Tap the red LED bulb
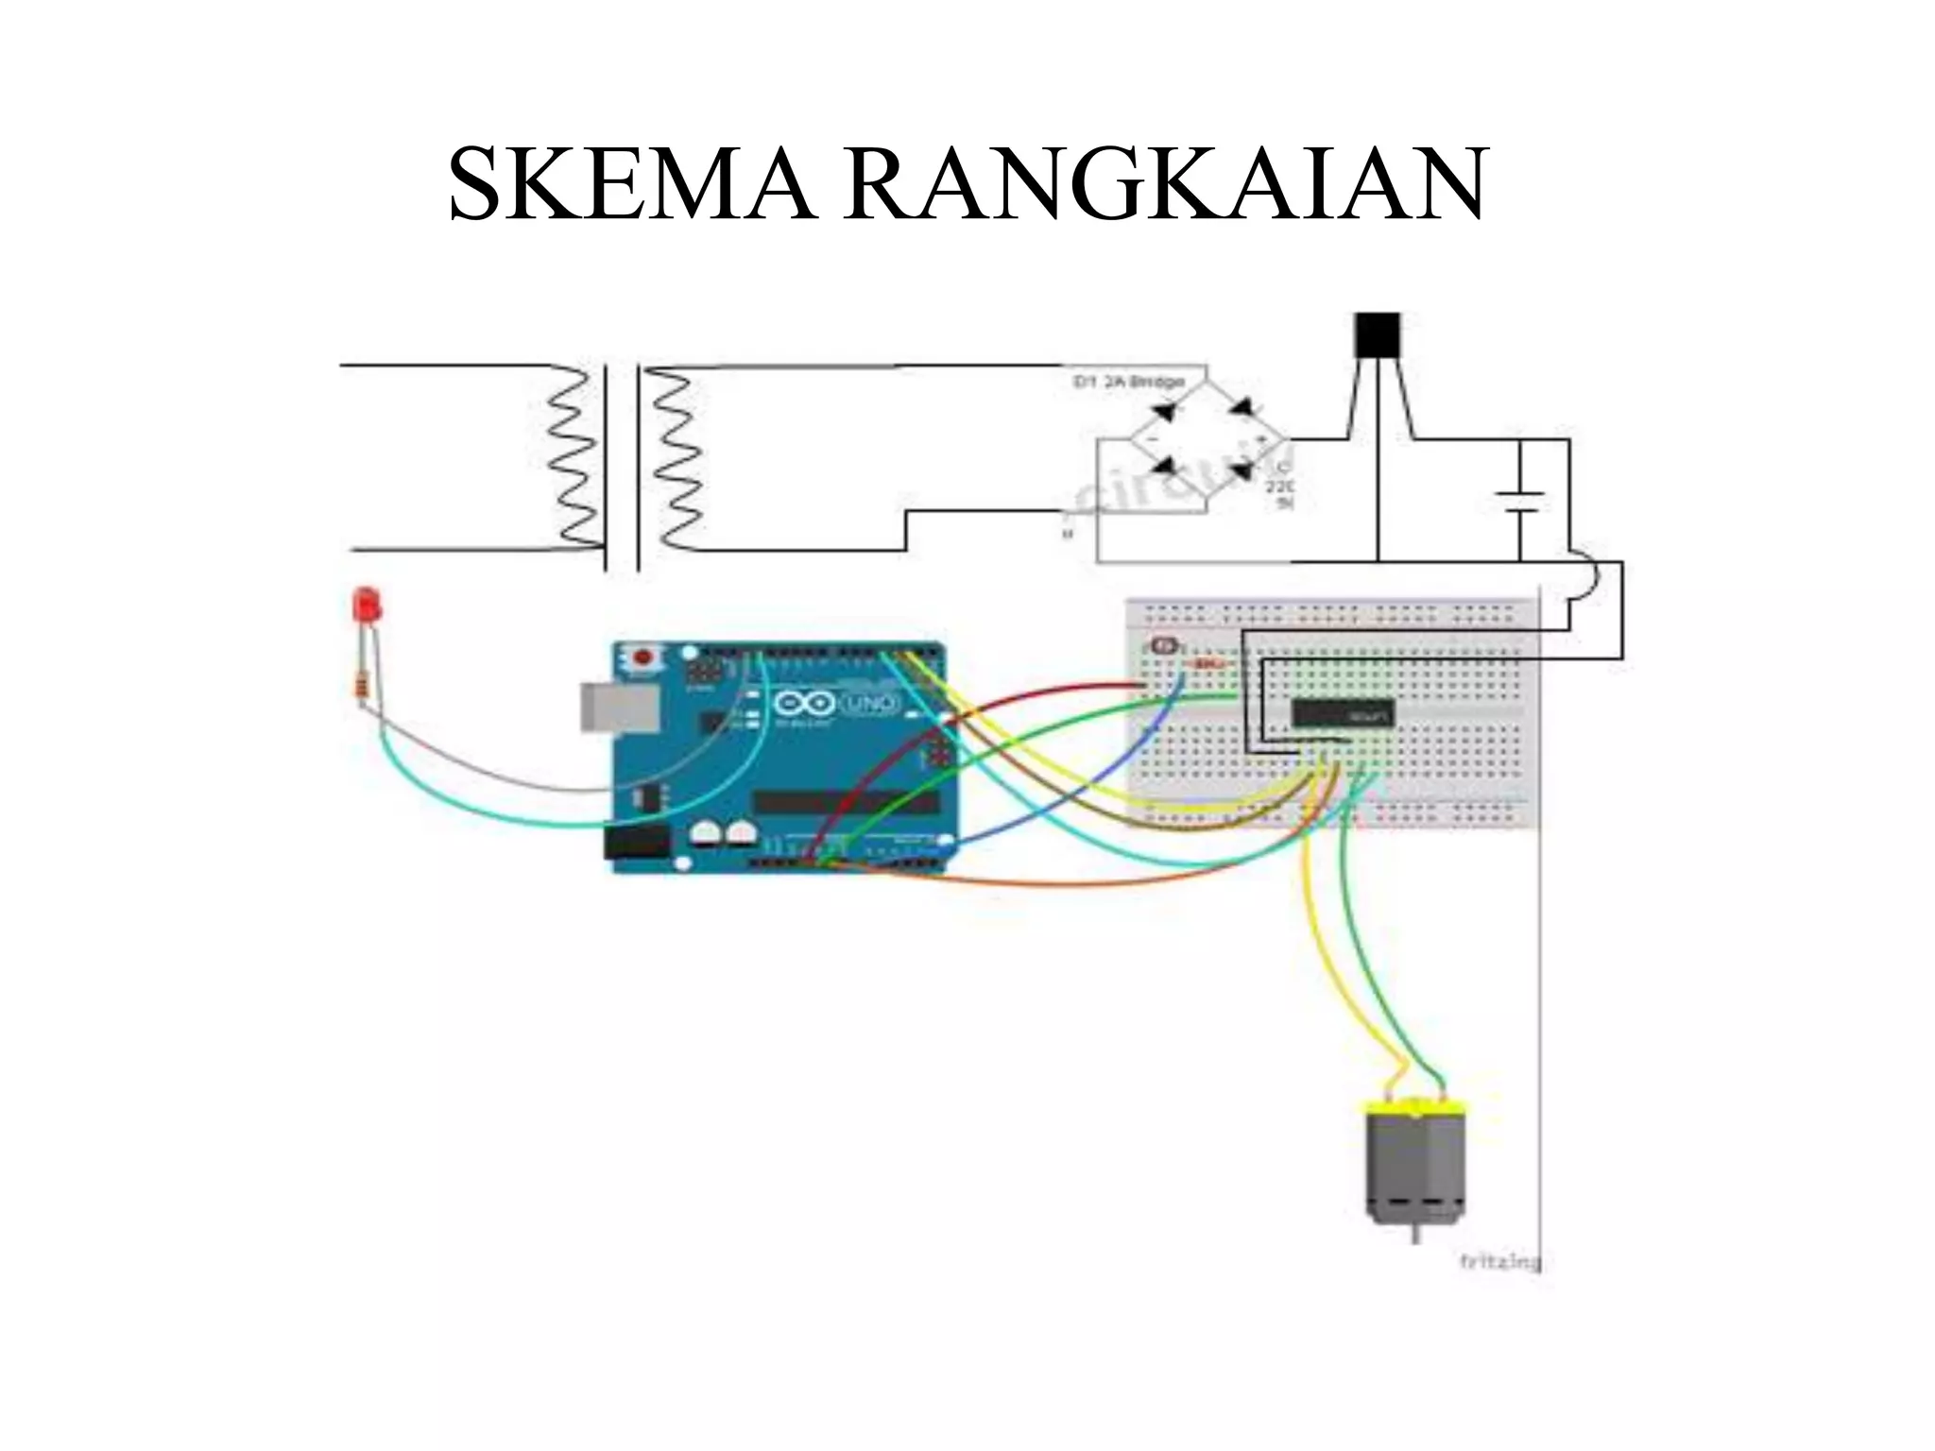(x=366, y=605)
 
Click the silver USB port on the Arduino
(x=619, y=708)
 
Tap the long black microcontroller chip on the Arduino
(x=846, y=802)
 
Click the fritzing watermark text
(x=1500, y=1261)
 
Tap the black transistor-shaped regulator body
(x=1378, y=335)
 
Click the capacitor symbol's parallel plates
(x=1519, y=502)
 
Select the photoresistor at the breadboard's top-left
(x=1164, y=647)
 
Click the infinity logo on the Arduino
(x=804, y=704)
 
